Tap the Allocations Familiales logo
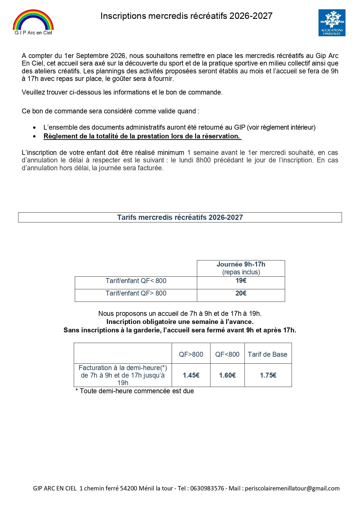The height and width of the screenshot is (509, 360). [x=332, y=23]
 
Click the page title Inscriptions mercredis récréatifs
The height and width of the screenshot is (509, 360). [x=186, y=16]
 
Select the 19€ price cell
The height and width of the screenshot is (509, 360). [x=241, y=281]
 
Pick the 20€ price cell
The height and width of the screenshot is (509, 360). [x=241, y=294]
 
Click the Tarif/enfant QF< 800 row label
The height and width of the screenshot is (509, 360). [x=136, y=281]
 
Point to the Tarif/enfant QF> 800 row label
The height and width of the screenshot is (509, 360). [x=136, y=294]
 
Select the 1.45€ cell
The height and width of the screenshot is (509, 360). [x=191, y=375]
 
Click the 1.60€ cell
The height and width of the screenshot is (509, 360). [x=227, y=375]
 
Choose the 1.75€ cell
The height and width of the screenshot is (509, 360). [x=268, y=375]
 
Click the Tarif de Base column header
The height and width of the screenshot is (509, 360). [x=267, y=354]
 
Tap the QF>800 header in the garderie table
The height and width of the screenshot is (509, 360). [x=191, y=354]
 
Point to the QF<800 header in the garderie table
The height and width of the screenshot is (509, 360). [x=227, y=354]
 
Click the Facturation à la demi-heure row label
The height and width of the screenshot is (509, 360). [x=123, y=375]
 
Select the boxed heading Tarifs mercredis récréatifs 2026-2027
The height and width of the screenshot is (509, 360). [x=180, y=218]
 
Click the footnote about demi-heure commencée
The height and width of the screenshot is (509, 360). [x=135, y=391]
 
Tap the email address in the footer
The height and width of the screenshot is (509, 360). [x=292, y=488]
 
